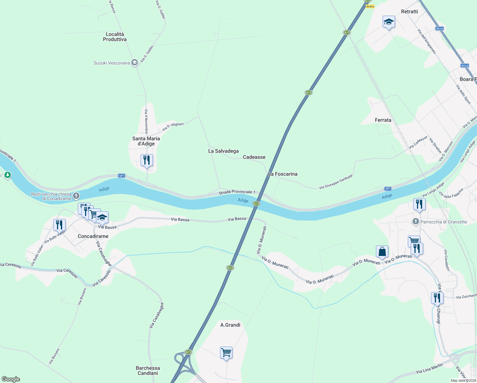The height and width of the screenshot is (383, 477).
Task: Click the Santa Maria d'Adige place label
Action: [x=146, y=141]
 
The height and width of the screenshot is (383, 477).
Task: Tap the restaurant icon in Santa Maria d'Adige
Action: [x=147, y=160]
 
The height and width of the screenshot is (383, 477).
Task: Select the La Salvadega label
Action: [x=223, y=151]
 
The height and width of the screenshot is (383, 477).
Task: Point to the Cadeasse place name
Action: [x=254, y=157]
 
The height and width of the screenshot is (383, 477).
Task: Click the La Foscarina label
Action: [x=283, y=174]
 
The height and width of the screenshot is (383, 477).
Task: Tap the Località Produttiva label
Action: [x=115, y=37]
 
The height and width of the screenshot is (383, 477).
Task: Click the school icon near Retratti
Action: [x=389, y=22]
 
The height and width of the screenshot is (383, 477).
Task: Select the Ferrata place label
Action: [x=383, y=120]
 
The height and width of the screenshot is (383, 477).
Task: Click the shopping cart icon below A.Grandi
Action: [x=226, y=353]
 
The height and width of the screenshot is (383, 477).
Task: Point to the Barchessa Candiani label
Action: [x=148, y=371]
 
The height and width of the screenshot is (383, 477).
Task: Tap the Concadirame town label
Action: [x=93, y=236]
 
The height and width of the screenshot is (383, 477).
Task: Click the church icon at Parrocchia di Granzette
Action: [x=415, y=222]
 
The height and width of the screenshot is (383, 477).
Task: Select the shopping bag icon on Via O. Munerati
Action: [x=382, y=252]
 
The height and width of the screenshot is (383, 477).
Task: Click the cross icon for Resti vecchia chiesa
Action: [x=76, y=196]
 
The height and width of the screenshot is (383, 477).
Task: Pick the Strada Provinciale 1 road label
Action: [x=237, y=192]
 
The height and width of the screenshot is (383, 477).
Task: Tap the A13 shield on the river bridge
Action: [x=256, y=203]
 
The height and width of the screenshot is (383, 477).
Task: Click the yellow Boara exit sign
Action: [x=370, y=6]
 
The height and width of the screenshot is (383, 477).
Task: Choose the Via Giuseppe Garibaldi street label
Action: [x=336, y=182]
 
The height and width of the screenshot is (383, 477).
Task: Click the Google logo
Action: [x=11, y=379]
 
